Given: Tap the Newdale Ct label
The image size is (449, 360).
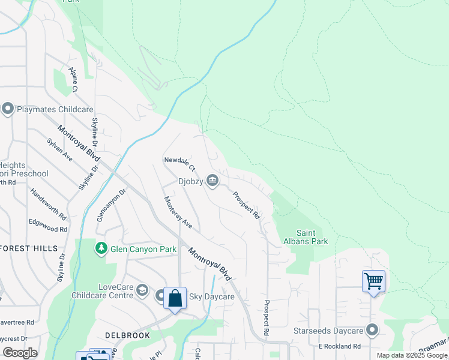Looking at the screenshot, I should click(x=180, y=161).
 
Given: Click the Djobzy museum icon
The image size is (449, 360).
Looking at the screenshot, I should click(x=212, y=180).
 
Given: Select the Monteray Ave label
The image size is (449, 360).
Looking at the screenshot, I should click(x=178, y=212).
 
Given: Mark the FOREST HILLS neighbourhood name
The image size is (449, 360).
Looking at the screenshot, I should click(x=29, y=248).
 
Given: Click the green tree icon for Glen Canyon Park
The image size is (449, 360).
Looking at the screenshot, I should click(x=101, y=247).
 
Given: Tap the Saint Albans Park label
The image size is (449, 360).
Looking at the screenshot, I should click(x=312, y=237).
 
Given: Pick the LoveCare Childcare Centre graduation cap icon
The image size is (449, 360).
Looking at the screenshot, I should click(x=142, y=290).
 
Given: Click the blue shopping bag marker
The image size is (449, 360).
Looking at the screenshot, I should click(x=175, y=298).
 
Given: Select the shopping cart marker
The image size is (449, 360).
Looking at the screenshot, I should click(x=373, y=281).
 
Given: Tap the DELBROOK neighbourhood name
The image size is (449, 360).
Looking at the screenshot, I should click(x=127, y=335).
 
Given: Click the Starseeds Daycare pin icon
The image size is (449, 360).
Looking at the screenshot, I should click(x=372, y=331).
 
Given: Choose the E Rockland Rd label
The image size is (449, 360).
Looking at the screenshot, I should click(x=339, y=346).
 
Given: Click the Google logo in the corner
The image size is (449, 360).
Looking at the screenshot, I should click(x=19, y=353).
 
